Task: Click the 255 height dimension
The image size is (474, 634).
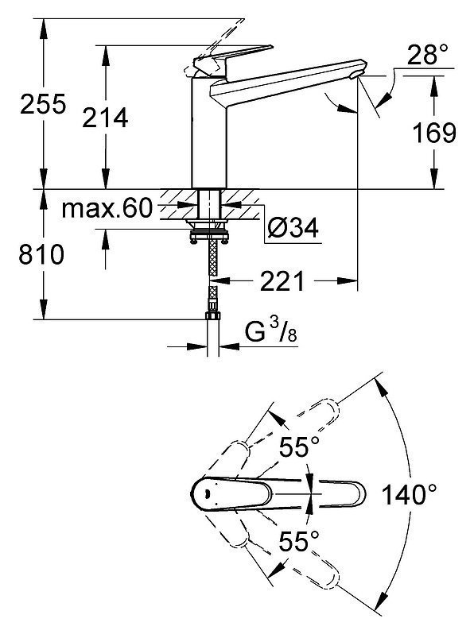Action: (42, 104)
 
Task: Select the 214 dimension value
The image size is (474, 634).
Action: (105, 118)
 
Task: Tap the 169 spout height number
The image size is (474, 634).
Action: (434, 133)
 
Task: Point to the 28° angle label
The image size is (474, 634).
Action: (422, 56)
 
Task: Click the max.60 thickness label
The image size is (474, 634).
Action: (107, 209)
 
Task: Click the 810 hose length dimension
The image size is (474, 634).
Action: (41, 255)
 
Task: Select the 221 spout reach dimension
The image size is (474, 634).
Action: (282, 281)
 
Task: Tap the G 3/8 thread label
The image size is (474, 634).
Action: (272, 331)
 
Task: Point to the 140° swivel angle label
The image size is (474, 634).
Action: (410, 494)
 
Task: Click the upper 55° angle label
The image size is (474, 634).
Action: (299, 447)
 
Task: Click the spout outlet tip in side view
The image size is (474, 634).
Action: (356, 74)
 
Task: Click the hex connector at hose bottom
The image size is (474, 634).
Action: (213, 316)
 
